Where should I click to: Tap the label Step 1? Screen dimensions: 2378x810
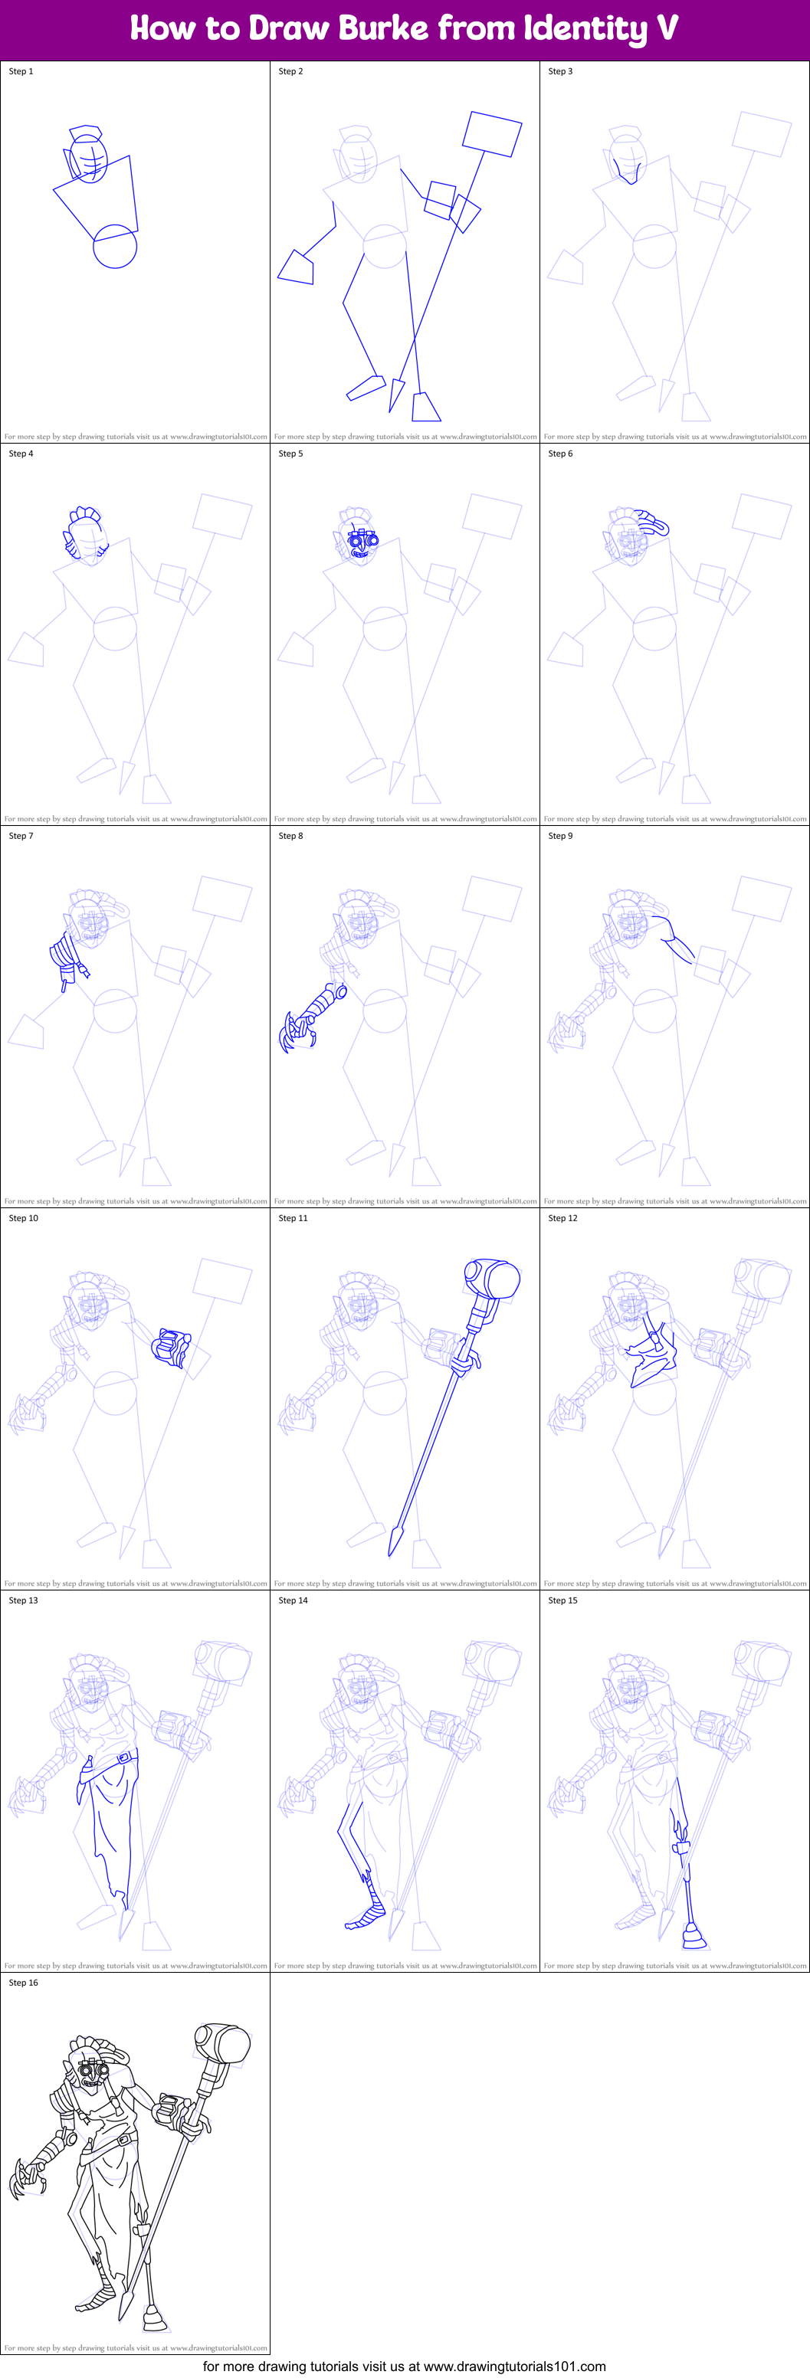(x=21, y=71)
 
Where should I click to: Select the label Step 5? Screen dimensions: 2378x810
(x=291, y=454)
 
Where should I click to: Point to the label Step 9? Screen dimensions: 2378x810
(x=561, y=835)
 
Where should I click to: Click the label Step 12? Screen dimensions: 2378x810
(x=562, y=1217)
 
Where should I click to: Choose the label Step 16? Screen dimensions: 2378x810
(x=23, y=1982)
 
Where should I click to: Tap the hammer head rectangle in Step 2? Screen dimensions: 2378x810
(x=492, y=134)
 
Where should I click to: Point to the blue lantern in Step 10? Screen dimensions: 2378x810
(x=172, y=1347)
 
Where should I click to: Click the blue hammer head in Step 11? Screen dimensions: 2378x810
(x=494, y=1279)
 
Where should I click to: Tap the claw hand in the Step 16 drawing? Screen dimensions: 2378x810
(x=25, y=2181)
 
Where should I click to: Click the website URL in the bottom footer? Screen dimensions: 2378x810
(x=514, y=2366)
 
